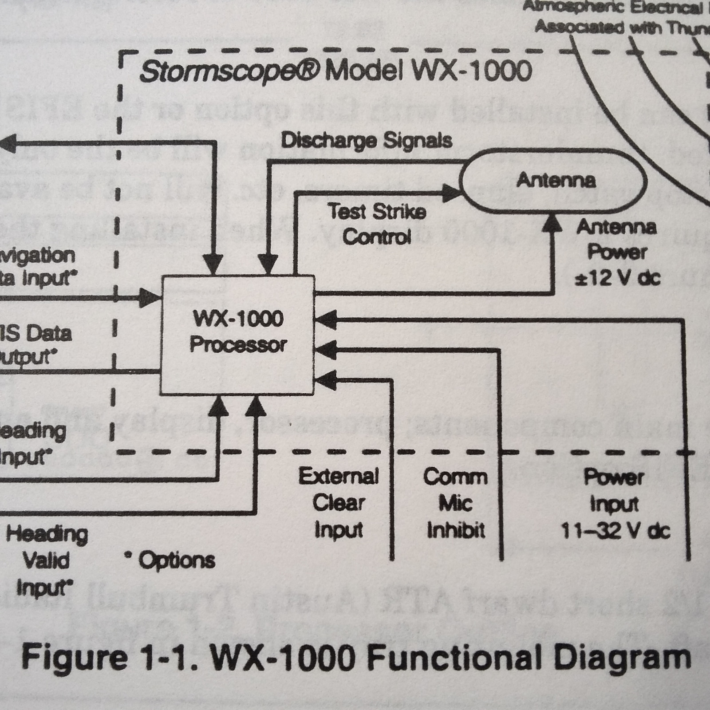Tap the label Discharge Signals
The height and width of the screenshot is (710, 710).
coord(366,141)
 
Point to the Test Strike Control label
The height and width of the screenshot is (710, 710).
coord(377,224)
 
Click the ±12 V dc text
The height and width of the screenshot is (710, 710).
coord(617,279)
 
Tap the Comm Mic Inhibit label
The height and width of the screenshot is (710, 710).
coord(455,503)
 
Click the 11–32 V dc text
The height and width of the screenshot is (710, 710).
coord(615,530)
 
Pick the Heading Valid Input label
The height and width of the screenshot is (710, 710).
coord(46,560)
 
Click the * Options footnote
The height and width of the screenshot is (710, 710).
coord(171,560)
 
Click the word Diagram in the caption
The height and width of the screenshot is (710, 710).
coord(621,658)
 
